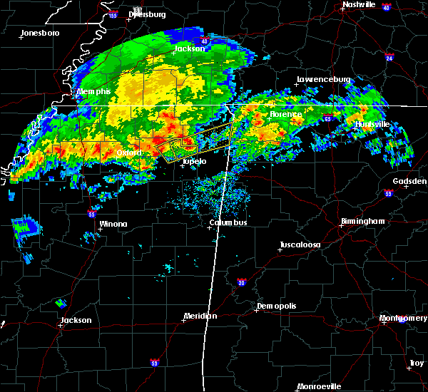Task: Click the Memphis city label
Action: pyautogui.click(x=95, y=92)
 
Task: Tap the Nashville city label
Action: pyautogui.click(x=359, y=4)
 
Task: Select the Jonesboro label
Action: pyautogui.click(x=40, y=33)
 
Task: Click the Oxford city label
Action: pyautogui.click(x=130, y=153)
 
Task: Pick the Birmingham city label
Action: pyautogui.click(x=362, y=222)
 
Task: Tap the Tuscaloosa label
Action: pyautogui.click(x=300, y=244)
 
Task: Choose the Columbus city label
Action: pyautogui.click(x=228, y=223)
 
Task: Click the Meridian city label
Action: pyautogui.click(x=200, y=316)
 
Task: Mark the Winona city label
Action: pyautogui.click(x=113, y=224)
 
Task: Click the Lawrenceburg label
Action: pyautogui.click(x=323, y=80)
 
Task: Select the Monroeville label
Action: pyautogui.click(x=319, y=386)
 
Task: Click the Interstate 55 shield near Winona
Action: pyautogui.click(x=92, y=213)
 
